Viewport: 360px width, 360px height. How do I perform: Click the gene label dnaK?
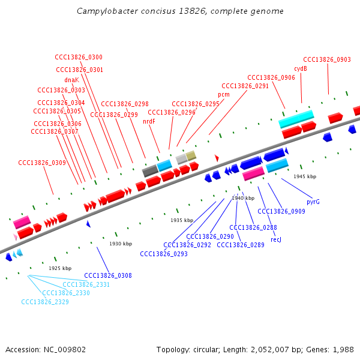71,80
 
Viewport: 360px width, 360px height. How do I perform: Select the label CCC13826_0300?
79,58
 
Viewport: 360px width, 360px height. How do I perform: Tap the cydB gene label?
301,68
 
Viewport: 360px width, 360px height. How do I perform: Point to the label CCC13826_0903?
327,59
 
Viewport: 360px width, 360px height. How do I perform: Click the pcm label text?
223,94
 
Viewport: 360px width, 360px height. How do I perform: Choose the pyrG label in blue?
313,202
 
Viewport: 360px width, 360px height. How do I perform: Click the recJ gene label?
275,239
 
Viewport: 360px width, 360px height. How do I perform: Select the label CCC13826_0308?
108,275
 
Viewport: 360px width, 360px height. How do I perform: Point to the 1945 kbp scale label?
305,176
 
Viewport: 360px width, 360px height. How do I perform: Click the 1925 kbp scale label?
60,268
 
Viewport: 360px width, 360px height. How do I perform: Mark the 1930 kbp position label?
121,244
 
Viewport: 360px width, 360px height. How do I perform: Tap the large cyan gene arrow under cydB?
296,118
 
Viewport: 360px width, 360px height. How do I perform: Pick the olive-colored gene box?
191,155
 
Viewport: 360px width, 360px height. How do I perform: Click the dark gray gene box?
150,170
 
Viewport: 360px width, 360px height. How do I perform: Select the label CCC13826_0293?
164,254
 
